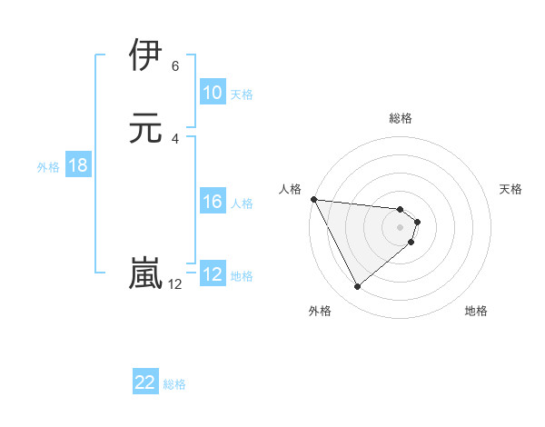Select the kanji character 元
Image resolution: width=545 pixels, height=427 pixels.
pos(147,127)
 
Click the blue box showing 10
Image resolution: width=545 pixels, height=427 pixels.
pos(212,93)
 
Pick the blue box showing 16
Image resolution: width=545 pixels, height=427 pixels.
pos(212,203)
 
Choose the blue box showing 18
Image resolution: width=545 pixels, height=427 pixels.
pos(77,165)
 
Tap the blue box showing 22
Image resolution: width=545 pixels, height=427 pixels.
pos(145,383)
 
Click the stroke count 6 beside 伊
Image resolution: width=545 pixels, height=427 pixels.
pos(175,66)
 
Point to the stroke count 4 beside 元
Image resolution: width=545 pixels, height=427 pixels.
pos(175,139)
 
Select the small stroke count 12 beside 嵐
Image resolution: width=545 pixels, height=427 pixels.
pos(174,284)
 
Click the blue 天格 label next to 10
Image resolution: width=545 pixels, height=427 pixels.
pos(242,94)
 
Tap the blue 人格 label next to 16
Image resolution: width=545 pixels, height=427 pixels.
pos(243,204)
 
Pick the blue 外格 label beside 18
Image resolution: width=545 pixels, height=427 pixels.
pos(48,166)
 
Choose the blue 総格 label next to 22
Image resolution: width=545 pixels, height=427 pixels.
pos(174,384)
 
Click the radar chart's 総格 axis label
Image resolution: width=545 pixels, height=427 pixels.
pos(401,118)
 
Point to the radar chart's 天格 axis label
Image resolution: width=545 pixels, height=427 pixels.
pos(511,189)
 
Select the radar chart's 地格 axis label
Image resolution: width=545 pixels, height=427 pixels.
pos(476,311)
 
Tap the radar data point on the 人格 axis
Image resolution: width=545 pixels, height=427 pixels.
pos(313,199)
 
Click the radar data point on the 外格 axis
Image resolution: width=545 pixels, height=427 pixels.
pos(357,287)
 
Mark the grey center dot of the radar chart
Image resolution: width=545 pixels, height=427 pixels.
pos(401,227)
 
